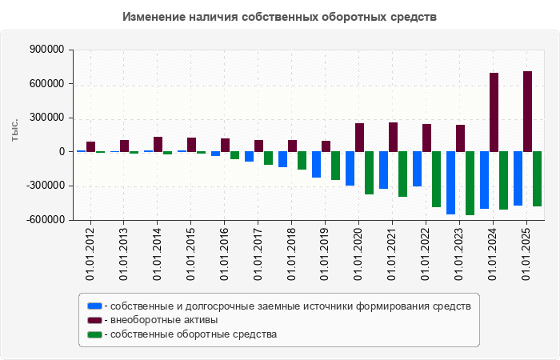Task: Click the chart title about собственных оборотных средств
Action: coord(280,17)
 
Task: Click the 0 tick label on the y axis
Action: coord(61,152)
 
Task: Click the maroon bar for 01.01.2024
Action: coord(494,112)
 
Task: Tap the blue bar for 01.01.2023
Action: coord(451,182)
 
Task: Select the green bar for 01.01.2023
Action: coord(470,183)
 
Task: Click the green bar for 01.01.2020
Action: coord(370,173)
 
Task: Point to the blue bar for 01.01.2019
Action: coord(317,164)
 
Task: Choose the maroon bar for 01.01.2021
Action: coord(394,137)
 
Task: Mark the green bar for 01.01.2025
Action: coord(538,179)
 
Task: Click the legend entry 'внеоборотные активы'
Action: coord(164,320)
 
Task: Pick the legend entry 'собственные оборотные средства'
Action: coord(194,334)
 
